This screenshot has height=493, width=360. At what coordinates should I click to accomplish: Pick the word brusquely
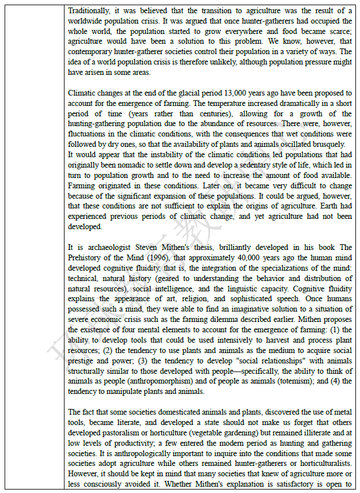[328, 145]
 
